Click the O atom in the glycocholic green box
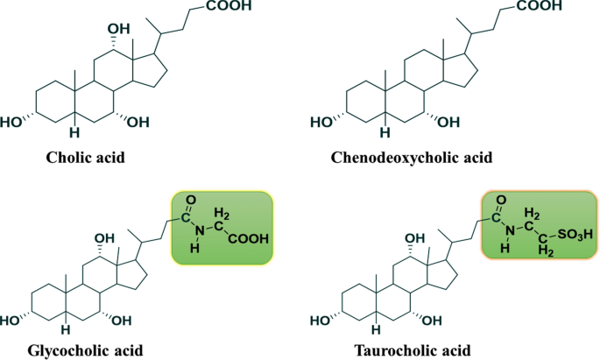[x=185, y=211]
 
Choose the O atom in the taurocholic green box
[x=497, y=210]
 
